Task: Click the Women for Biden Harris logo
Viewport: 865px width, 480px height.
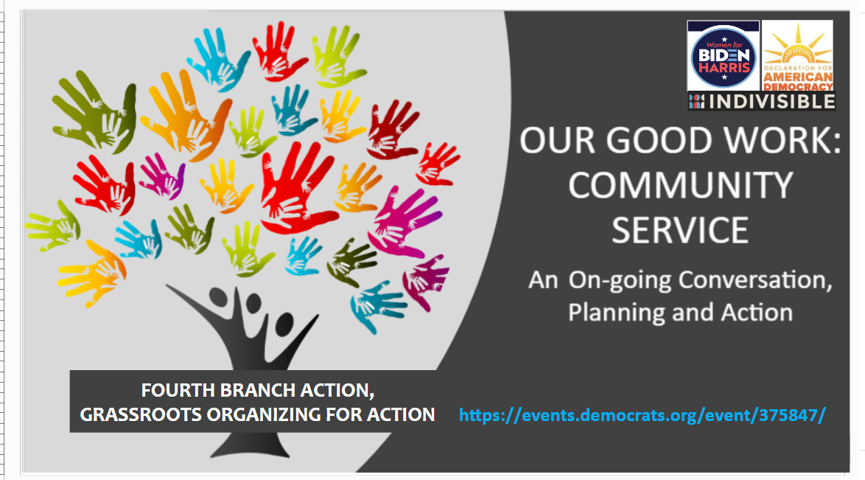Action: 724,56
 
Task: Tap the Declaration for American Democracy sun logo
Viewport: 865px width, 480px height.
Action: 797,56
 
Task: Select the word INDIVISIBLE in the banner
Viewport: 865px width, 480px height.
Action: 771,102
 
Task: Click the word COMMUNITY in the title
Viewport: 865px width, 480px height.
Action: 680,185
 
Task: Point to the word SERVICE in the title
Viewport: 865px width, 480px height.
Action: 679,230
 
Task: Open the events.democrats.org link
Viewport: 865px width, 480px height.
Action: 642,415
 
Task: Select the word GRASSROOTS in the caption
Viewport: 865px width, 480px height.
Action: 141,414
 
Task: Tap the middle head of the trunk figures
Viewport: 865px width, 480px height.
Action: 253,303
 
